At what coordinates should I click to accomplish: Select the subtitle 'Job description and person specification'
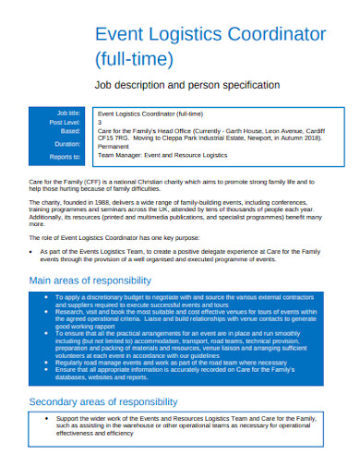pyautogui.click(x=186, y=85)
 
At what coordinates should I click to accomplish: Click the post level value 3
pyautogui.click(x=112, y=121)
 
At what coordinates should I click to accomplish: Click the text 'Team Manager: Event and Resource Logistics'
pyautogui.click(x=173, y=157)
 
